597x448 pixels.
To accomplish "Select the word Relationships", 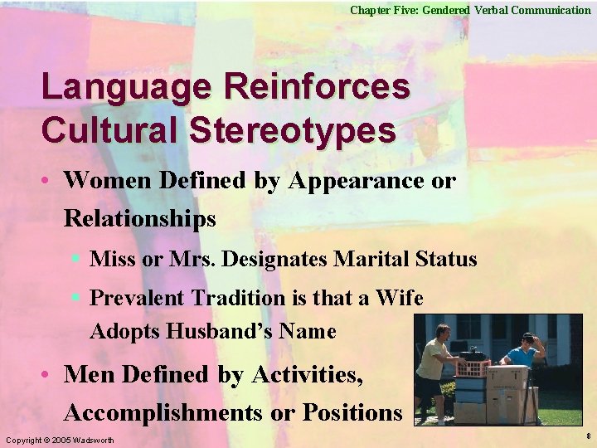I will coord(139,219).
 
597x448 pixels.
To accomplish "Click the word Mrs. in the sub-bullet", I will coord(194,259).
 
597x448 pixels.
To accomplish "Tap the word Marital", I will coord(370,259).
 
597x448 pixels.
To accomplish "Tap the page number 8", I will coord(587,435).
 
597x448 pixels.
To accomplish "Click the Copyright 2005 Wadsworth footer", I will coord(60,439).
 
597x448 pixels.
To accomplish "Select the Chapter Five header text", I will coord(470,10).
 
